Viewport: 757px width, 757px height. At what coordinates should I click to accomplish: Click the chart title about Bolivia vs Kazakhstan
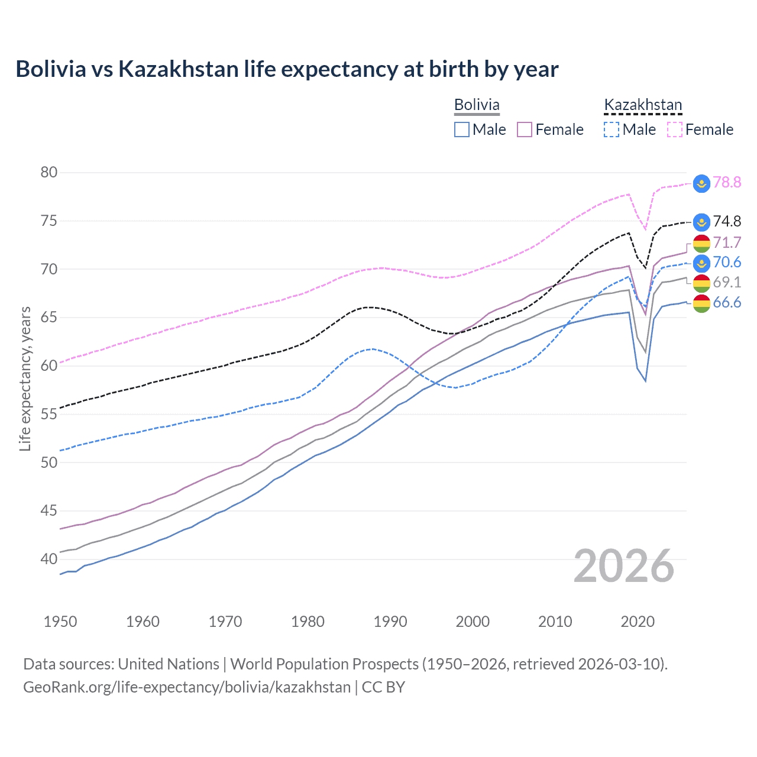(x=287, y=69)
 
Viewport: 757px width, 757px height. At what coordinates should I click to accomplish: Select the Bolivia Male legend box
(x=462, y=130)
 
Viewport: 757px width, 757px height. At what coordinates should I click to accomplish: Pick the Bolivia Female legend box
(x=525, y=130)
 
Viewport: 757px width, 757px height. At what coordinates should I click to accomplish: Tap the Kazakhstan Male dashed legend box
(x=612, y=130)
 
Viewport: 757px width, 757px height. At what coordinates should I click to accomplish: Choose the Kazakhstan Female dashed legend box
(x=674, y=130)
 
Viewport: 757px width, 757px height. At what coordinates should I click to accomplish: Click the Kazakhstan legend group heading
(x=643, y=105)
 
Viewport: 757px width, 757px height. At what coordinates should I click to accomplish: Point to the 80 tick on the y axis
(x=49, y=173)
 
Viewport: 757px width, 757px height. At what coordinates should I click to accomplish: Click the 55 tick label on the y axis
(x=49, y=414)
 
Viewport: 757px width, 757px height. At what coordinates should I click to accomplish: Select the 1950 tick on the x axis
(x=60, y=622)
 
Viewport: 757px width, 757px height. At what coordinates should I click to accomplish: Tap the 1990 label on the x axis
(x=390, y=622)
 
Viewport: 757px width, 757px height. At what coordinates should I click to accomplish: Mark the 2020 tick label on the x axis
(x=638, y=622)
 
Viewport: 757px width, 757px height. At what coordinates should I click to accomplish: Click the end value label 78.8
(x=727, y=182)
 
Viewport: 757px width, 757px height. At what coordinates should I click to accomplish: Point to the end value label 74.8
(x=727, y=221)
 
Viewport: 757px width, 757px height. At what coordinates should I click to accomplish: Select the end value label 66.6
(x=727, y=303)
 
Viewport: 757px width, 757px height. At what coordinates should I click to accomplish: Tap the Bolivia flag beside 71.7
(x=701, y=242)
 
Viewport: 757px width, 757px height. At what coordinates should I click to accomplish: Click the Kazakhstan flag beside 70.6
(x=701, y=263)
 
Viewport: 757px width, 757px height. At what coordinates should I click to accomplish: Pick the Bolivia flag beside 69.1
(x=701, y=283)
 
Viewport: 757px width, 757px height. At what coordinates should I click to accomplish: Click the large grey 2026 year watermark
(x=624, y=566)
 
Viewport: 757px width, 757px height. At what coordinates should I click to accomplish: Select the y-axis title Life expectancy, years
(x=25, y=378)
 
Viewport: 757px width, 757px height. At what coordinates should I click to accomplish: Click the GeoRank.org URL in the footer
(x=187, y=687)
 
